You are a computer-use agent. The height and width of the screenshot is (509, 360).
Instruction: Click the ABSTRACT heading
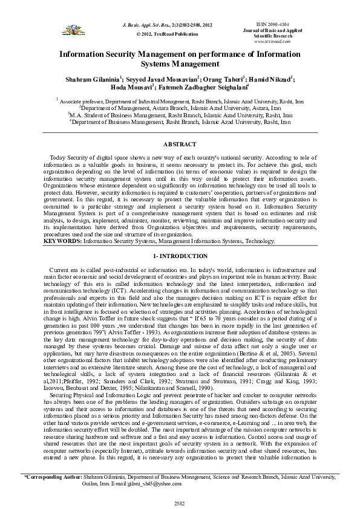click(180, 144)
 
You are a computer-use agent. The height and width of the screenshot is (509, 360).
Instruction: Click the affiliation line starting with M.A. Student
click(179, 114)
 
